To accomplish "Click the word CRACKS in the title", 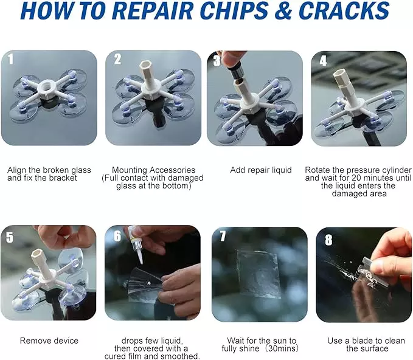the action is tap(345, 11).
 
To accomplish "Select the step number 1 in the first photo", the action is tap(10, 59).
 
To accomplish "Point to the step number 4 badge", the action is tap(323, 61).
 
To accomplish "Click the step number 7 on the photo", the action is tap(223, 236).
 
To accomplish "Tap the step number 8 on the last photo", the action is tap(328, 240).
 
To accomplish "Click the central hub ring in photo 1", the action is tap(45, 88).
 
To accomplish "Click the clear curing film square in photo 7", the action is tap(258, 274).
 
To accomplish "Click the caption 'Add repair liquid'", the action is tap(261, 170).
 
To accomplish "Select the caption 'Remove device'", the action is tap(49, 341).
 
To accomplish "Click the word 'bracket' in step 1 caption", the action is tap(63, 178).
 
